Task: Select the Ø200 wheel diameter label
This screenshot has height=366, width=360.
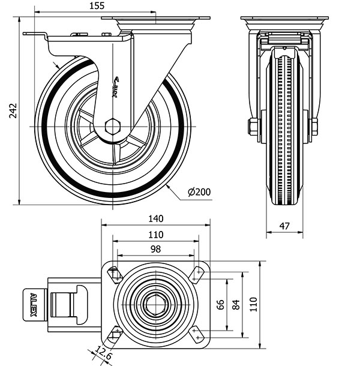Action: click(199, 192)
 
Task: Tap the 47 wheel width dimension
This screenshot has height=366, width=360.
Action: click(285, 226)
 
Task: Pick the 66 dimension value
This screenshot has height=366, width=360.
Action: click(220, 305)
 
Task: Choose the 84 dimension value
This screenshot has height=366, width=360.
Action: click(235, 305)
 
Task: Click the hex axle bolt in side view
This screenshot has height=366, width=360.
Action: click(112, 127)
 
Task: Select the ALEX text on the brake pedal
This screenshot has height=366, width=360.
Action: click(34, 304)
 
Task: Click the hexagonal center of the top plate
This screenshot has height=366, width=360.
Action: click(156, 305)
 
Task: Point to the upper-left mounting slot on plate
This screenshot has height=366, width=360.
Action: click(114, 274)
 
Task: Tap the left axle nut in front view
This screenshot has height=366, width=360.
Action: click(253, 127)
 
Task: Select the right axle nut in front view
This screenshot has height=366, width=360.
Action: click(313, 127)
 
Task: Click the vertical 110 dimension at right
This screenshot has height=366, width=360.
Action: click(253, 305)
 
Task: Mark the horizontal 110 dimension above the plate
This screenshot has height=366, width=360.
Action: click(155, 235)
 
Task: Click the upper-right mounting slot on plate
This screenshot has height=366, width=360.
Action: click(197, 274)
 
